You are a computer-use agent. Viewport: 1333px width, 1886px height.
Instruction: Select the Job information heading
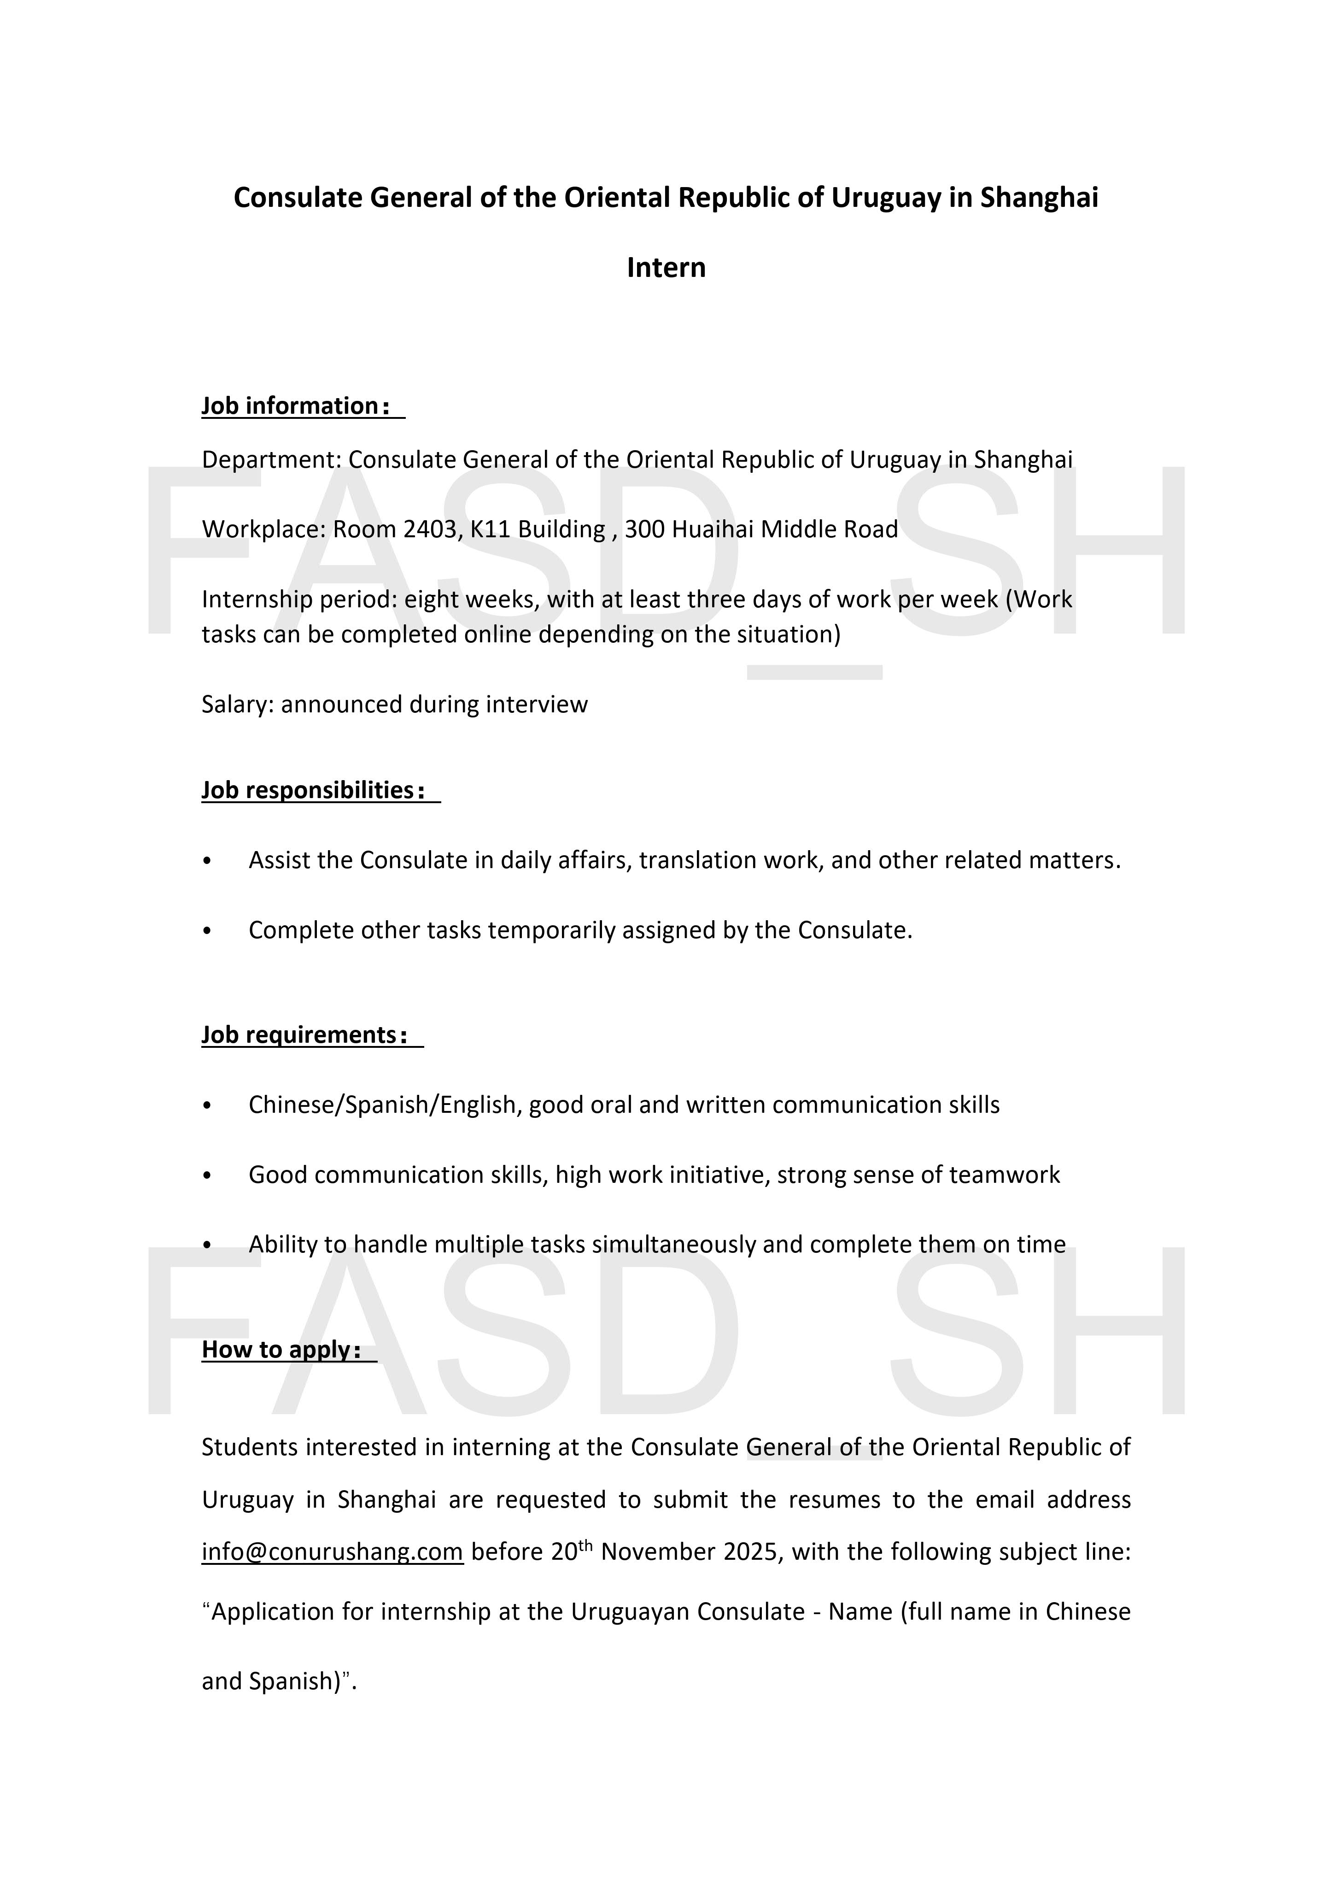pyautogui.click(x=289, y=406)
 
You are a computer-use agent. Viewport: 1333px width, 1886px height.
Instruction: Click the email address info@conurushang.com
pyautogui.click(x=333, y=1551)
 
